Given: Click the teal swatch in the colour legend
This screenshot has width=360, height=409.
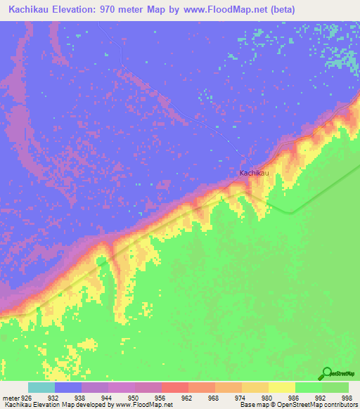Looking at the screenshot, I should click(x=41, y=387).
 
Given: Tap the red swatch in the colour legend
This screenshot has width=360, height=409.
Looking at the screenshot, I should click(x=174, y=387).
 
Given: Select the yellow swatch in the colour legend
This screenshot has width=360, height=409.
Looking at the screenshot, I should click(x=281, y=387).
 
